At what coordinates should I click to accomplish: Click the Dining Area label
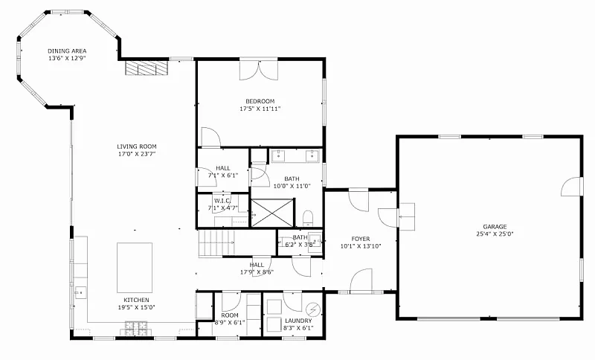point(67,51)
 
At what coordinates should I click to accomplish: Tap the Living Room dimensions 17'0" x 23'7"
point(137,154)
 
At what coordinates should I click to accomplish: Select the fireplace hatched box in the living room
point(147,68)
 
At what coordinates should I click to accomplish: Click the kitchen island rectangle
point(135,263)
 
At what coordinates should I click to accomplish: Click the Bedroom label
point(260,101)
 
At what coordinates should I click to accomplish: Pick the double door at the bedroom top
point(258,69)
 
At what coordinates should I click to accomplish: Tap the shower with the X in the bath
point(273,213)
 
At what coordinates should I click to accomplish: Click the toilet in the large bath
point(308,219)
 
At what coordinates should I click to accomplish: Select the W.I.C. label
point(222,201)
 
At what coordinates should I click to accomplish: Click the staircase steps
point(216,243)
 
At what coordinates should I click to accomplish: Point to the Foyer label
point(361,239)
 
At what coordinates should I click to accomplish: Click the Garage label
point(495,227)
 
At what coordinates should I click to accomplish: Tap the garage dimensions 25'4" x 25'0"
point(495,234)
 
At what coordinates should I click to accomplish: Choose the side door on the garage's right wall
point(572,187)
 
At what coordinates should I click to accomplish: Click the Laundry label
point(298,321)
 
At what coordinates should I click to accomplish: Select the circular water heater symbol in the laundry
point(313,310)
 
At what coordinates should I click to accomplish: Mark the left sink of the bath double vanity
point(279,155)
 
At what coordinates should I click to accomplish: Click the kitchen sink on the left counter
point(80,292)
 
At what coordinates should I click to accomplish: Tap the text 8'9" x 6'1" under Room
point(230,323)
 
